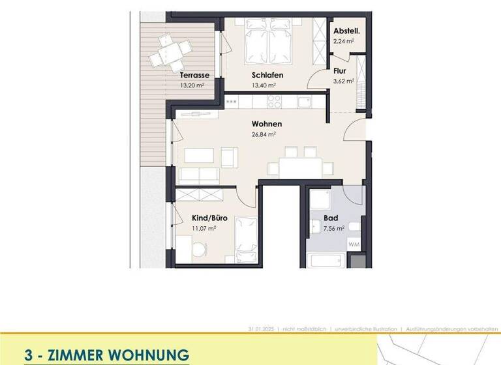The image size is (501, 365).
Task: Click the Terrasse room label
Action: pyautogui.click(x=195, y=75)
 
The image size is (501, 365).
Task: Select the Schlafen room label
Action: pyautogui.click(x=267, y=75)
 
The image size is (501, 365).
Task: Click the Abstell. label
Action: pyautogui.click(x=346, y=31)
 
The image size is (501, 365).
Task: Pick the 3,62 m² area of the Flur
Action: pyautogui.click(x=343, y=81)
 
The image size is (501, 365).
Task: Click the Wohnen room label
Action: pyautogui.click(x=266, y=124)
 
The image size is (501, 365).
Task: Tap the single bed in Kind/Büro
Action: pyautogui.click(x=246, y=239)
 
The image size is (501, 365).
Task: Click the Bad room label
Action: pyautogui.click(x=331, y=219)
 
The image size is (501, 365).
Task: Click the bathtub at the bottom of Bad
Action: pyautogui.click(x=326, y=261)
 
